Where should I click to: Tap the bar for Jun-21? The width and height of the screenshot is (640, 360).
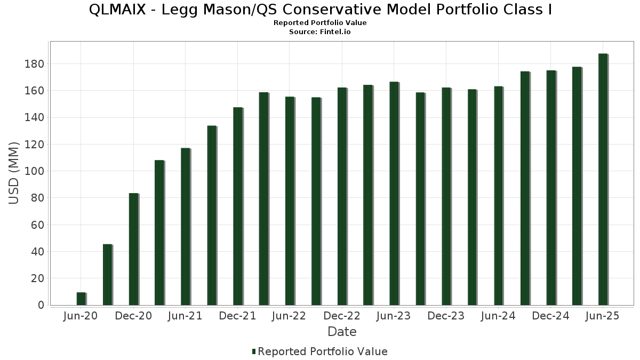pyautogui.click(x=185, y=227)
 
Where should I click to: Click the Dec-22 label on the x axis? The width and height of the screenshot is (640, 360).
pyautogui.click(x=342, y=316)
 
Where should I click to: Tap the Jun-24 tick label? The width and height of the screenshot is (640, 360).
pyautogui.click(x=498, y=316)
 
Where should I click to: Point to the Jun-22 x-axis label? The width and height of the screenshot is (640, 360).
pyautogui.click(x=289, y=316)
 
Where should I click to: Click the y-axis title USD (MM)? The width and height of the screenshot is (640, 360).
pyautogui.click(x=14, y=173)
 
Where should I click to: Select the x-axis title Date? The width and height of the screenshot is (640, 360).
pyautogui.click(x=342, y=332)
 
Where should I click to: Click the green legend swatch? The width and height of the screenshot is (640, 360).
pyautogui.click(x=254, y=351)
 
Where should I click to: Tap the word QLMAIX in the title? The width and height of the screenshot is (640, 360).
pyautogui.click(x=115, y=10)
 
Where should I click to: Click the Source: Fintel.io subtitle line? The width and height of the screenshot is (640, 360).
pyautogui.click(x=320, y=32)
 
